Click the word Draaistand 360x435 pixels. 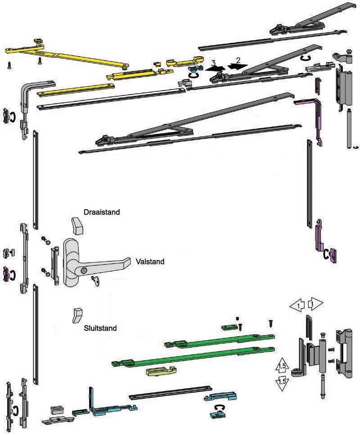click(x=102, y=212)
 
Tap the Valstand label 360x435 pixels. click(x=150, y=261)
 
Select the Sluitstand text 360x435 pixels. click(x=100, y=328)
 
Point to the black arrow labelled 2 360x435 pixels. click(x=237, y=66)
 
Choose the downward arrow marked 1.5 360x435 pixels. click(x=282, y=383)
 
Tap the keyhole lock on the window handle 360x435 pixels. click(x=84, y=270)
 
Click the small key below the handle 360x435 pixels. click(x=96, y=281)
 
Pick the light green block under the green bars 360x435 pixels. click(x=162, y=371)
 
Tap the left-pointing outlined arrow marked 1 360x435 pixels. click(x=297, y=306)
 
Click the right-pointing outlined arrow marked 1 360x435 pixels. click(x=315, y=304)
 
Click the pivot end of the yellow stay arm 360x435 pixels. click(x=126, y=66)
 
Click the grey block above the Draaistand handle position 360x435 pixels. click(x=77, y=225)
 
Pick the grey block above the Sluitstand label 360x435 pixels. click(x=78, y=315)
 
